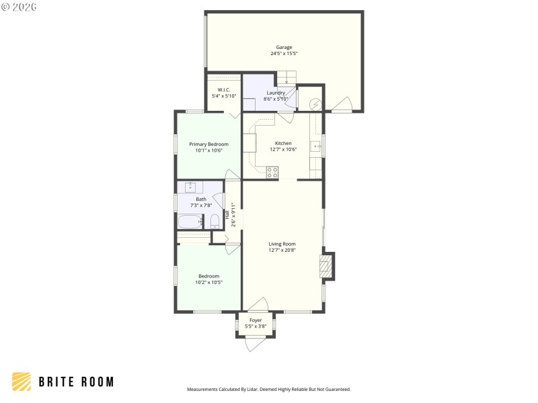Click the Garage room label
pos(283,47)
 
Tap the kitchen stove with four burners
pos(272,172)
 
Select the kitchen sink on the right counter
pos(315,146)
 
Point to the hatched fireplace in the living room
pos(327,267)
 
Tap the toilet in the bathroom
pos(215,221)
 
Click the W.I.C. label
pos(224,90)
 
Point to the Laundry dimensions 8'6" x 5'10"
pos(276,99)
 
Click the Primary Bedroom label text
pos(208,144)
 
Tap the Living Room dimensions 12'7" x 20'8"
pos(282,250)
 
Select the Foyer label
pos(256,320)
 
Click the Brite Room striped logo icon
pos(22,382)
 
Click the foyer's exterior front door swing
pos(256,344)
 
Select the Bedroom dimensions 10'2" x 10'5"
pos(208,282)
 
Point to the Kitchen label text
pos(282,143)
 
